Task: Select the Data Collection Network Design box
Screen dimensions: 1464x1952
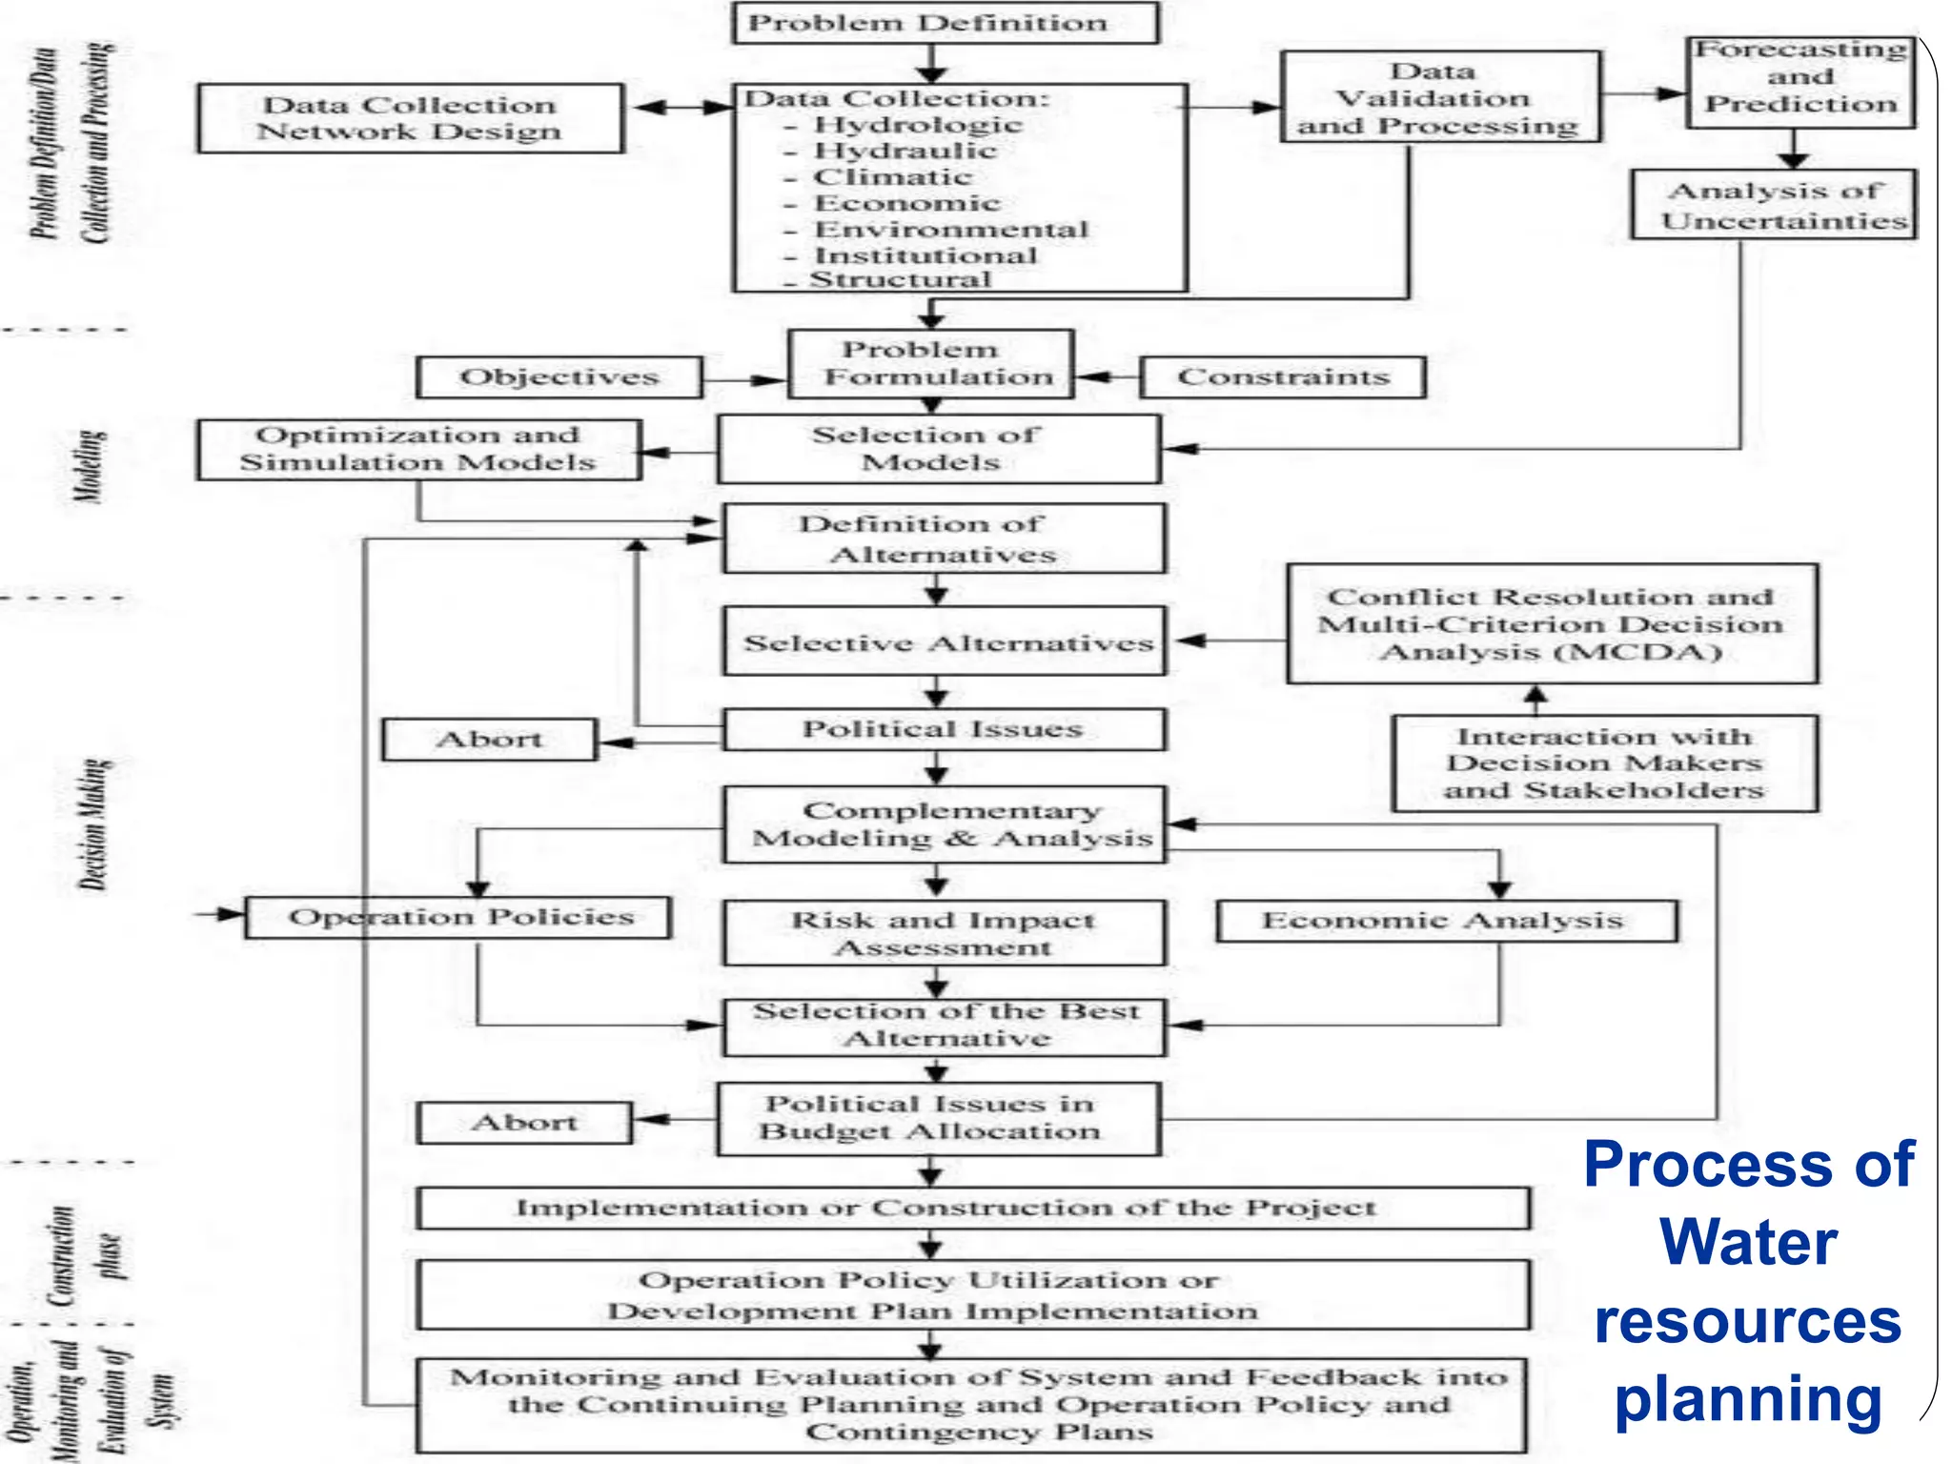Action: click(411, 118)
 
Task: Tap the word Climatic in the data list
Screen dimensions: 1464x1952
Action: click(892, 177)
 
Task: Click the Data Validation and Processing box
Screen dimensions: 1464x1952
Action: click(1440, 98)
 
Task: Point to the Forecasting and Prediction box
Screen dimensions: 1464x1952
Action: click(1800, 81)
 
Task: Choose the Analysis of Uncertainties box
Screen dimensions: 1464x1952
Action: click(1774, 205)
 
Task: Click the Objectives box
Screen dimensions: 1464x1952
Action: click(559, 377)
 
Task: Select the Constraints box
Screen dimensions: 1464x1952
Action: click(1282, 377)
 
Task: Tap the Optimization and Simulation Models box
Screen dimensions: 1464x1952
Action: click(418, 449)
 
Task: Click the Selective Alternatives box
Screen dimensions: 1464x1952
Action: click(945, 642)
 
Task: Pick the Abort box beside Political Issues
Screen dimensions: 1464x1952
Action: click(489, 740)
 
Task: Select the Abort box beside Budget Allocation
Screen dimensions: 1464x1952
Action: click(524, 1123)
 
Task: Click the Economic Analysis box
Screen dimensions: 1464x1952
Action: click(1446, 921)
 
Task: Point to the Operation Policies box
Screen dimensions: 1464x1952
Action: click(458, 917)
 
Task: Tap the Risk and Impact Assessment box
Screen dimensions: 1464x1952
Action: click(944, 933)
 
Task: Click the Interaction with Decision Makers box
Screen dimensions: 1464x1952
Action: click(1605, 763)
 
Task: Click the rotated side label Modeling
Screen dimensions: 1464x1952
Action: click(91, 466)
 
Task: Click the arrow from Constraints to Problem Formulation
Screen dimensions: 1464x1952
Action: click(1107, 377)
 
